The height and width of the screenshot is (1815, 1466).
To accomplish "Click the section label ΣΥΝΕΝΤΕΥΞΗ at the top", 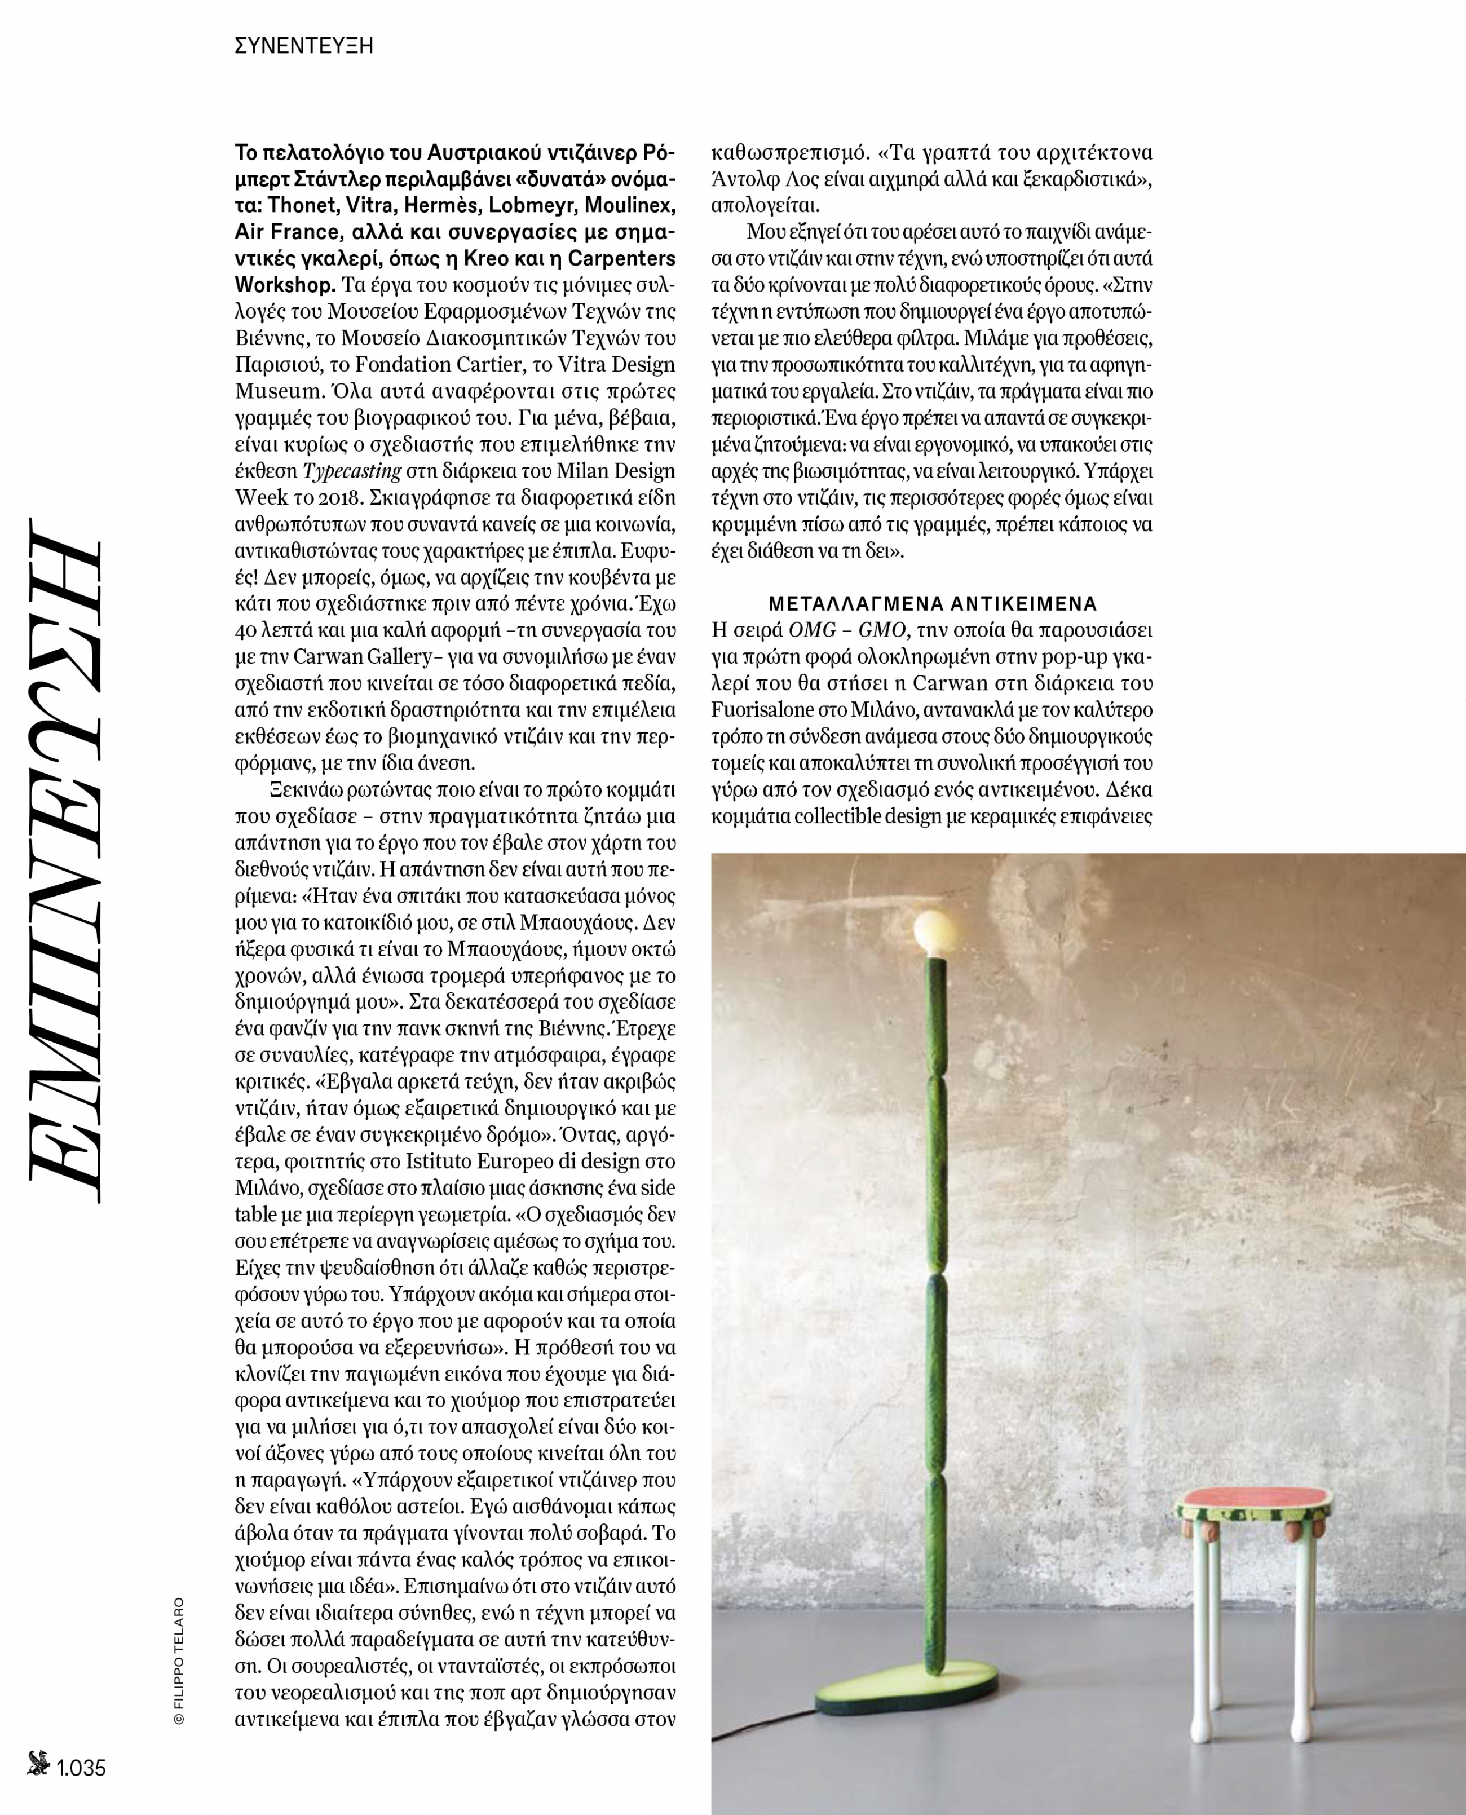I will pyautogui.click(x=304, y=46).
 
